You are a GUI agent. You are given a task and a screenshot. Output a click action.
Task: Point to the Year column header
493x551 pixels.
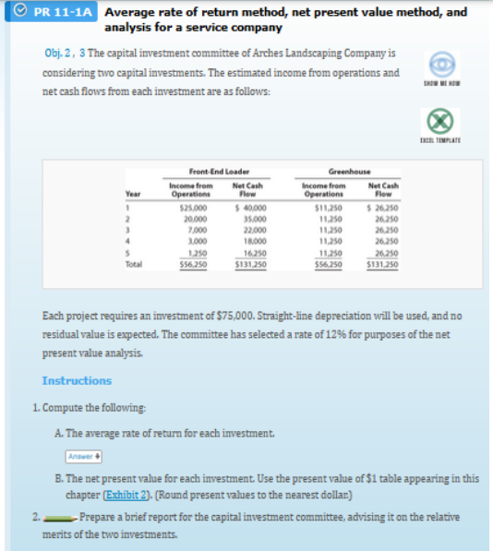(x=133, y=194)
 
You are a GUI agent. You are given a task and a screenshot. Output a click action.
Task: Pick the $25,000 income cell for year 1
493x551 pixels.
(x=191, y=208)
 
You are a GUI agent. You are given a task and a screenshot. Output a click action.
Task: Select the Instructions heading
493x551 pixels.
(x=77, y=380)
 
